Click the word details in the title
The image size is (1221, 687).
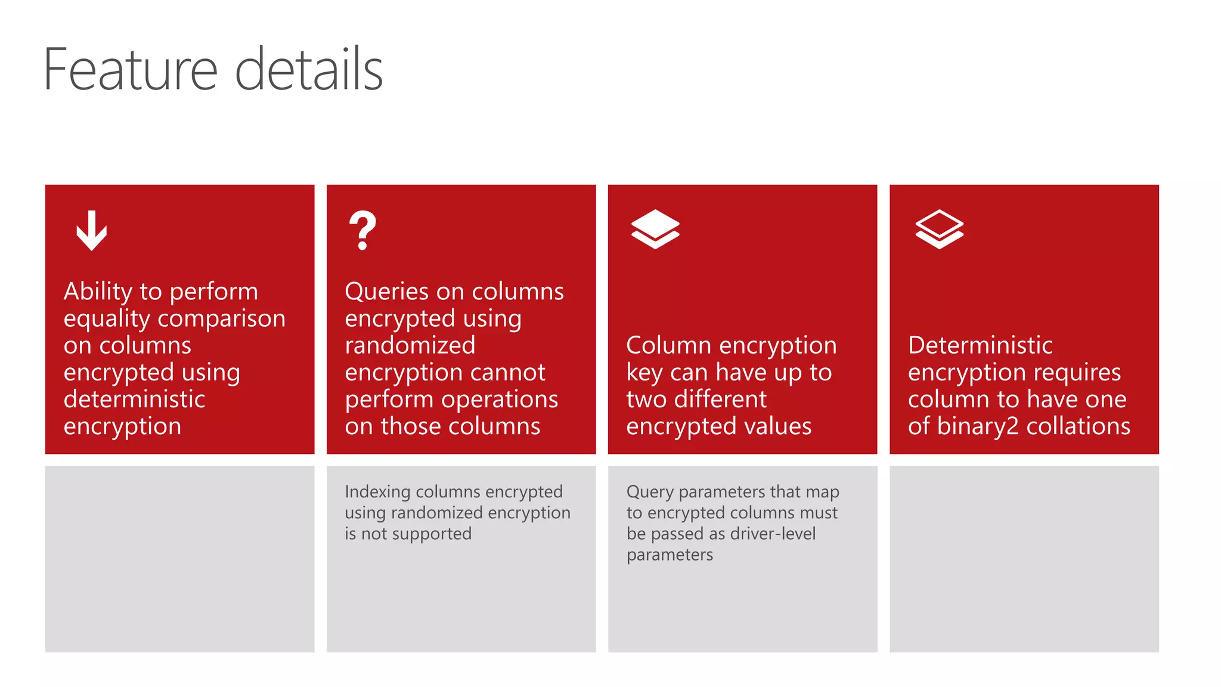coord(308,70)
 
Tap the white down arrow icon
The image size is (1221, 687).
coord(91,230)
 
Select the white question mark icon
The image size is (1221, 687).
coord(362,230)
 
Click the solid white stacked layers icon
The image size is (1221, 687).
coord(655,229)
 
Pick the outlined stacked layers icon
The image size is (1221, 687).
coord(939,229)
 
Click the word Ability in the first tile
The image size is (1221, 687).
coord(98,292)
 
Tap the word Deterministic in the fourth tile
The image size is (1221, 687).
coord(980,346)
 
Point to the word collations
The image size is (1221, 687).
coord(1078,426)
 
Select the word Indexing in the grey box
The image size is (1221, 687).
coord(377,492)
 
